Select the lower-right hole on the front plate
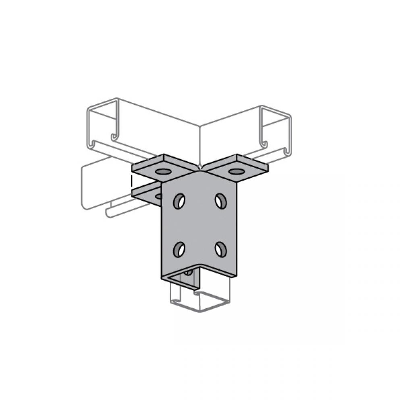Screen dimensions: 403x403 220,249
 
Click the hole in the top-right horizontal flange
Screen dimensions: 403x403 236,172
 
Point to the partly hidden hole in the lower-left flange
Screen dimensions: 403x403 158,196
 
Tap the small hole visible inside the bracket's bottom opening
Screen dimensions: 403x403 188,273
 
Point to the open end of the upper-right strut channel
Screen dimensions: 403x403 276,131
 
